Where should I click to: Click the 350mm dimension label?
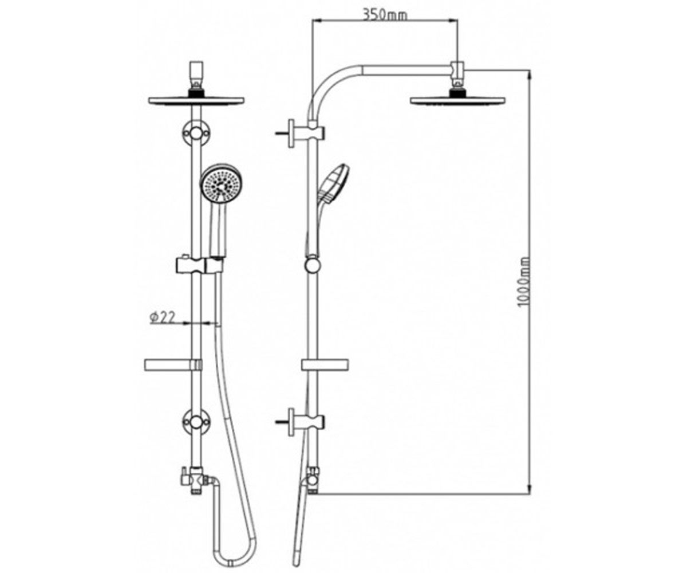tap(384, 15)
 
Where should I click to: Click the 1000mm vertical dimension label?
tap(524, 282)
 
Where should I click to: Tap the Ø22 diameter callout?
tap(162, 317)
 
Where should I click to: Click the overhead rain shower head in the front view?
tap(196, 100)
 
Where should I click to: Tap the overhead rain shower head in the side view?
tap(457, 100)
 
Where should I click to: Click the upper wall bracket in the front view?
tap(196, 134)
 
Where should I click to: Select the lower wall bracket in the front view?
tap(196, 422)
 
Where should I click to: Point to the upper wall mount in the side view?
tap(300, 133)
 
